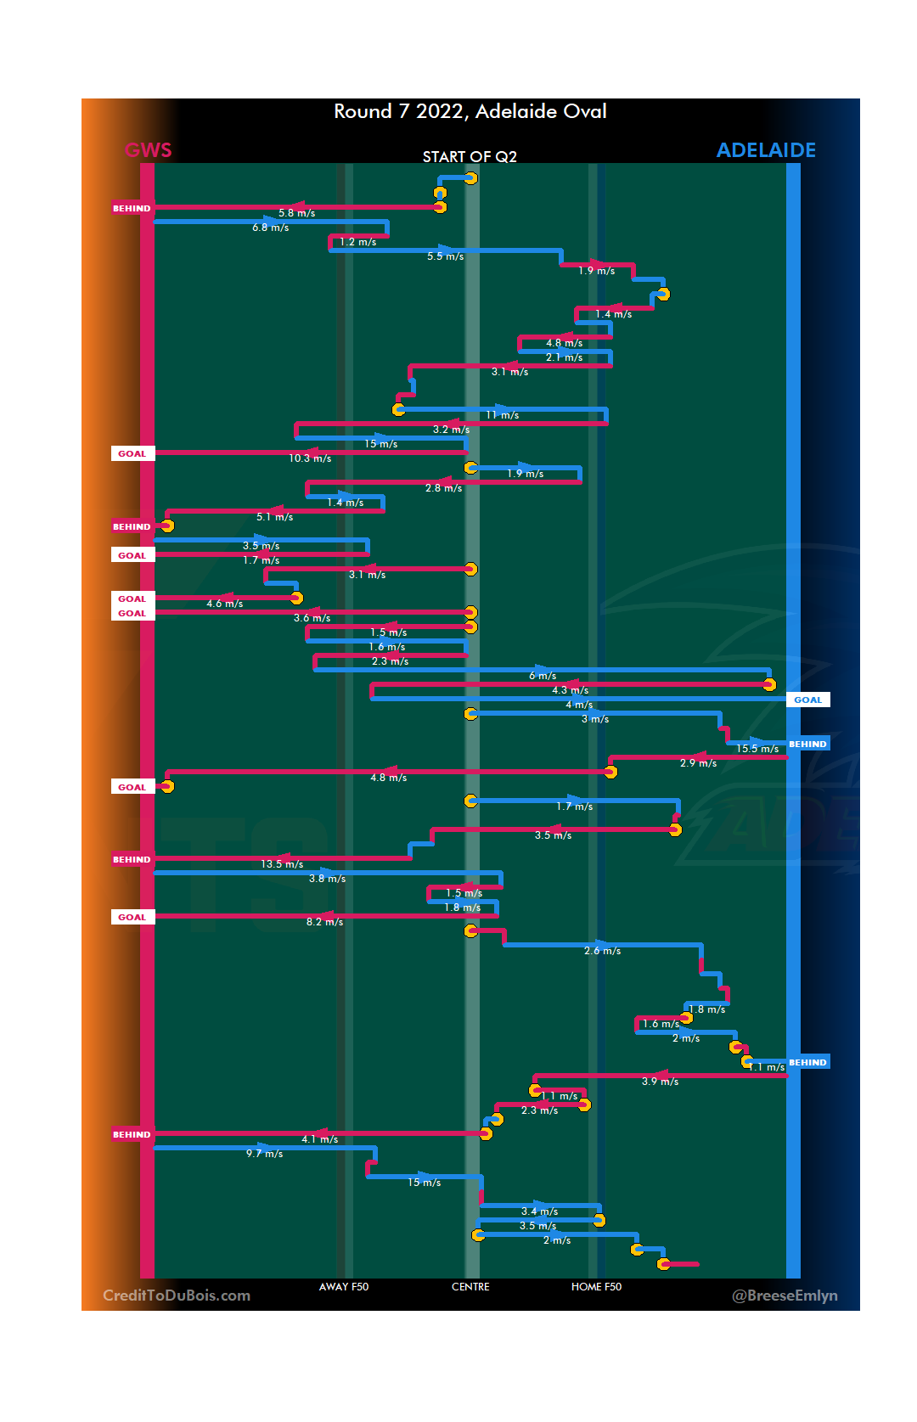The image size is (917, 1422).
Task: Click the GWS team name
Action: point(148,150)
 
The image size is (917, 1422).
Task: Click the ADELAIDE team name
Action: point(766,150)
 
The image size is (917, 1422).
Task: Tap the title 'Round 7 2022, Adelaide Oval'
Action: point(470,111)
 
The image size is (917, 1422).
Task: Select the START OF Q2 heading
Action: point(470,157)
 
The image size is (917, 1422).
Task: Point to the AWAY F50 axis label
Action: point(344,1287)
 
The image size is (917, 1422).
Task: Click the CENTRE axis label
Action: point(470,1287)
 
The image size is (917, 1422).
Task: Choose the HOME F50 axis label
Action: point(596,1287)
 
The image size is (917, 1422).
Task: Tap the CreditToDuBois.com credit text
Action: point(177,1296)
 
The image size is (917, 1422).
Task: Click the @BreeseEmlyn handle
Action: point(785,1296)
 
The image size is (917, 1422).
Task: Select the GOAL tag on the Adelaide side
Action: point(807,700)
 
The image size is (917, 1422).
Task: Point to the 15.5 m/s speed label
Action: point(757,749)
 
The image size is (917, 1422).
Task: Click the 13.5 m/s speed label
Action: point(282,864)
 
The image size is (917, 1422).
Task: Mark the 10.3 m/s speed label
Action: point(310,458)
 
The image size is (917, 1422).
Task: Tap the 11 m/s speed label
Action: point(502,415)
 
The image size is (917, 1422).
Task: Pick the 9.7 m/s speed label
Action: point(265,1154)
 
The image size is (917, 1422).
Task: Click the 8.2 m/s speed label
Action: point(325,922)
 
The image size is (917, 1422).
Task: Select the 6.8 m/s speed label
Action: point(271,228)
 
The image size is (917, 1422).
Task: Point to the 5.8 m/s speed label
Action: point(297,213)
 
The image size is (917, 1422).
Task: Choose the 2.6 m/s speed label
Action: point(603,951)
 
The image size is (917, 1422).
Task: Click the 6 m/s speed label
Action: point(543,676)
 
